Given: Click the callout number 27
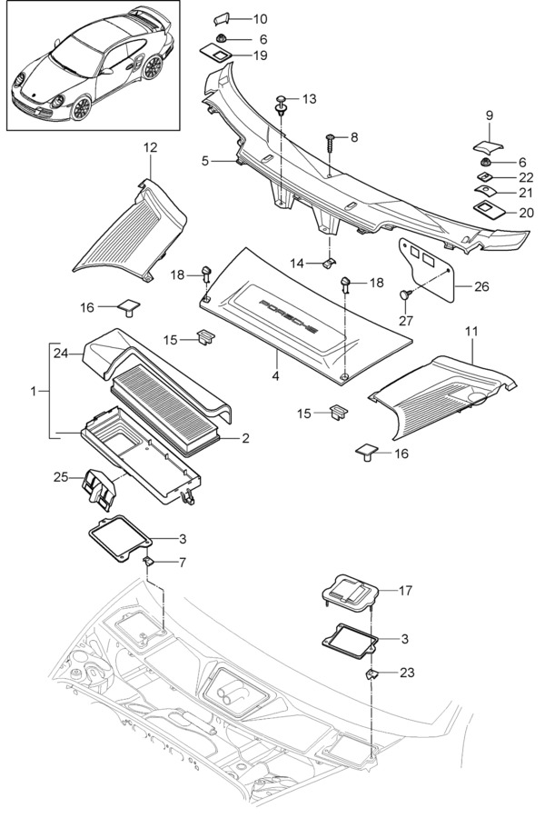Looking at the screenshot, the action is [x=406, y=320].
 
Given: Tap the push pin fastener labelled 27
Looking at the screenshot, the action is [x=405, y=295].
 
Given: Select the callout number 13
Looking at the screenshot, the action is [x=309, y=98].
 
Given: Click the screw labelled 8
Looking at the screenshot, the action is [x=332, y=142].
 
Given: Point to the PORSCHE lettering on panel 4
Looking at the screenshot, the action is [x=289, y=317].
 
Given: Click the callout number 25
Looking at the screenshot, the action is [x=62, y=476].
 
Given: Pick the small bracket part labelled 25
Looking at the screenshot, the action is [x=99, y=487].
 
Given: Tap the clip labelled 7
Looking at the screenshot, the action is [x=149, y=562].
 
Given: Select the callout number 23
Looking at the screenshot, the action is [x=407, y=672].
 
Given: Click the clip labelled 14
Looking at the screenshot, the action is [x=329, y=262].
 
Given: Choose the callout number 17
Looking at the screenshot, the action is [x=405, y=590].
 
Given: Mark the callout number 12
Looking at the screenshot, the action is [x=150, y=147].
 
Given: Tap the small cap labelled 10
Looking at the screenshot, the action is [x=223, y=19].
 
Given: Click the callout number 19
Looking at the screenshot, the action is [x=261, y=55].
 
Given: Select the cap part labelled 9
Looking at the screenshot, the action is [x=489, y=145].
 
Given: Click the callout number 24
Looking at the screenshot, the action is [x=62, y=354].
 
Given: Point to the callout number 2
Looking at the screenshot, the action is [x=245, y=438].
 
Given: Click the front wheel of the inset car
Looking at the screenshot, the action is [x=81, y=107].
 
